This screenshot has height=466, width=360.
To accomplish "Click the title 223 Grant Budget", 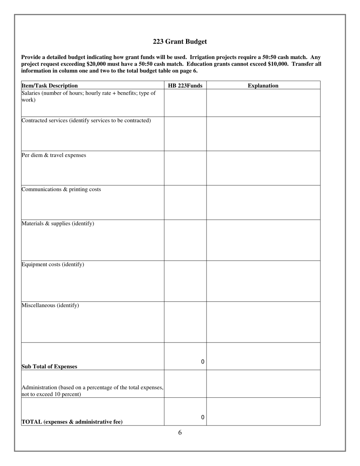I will coord(180,42).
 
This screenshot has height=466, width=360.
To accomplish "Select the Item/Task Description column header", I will coord(50,86).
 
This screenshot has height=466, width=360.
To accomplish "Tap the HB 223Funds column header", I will coord(185,86).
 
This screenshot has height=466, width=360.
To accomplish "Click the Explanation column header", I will coord(263,86).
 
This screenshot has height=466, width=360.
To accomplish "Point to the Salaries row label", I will coord(88,96).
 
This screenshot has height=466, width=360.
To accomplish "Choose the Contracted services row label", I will coord(86,120).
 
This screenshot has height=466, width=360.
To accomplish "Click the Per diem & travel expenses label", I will coord(54,155).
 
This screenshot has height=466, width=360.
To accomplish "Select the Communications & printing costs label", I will coord(61,189).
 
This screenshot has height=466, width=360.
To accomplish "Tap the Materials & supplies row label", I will coord(58,224).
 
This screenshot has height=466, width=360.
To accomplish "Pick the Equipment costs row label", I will coord(53,264).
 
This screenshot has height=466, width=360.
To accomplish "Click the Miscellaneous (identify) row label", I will coord(50,305).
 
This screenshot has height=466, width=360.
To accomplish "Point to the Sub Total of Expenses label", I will coord(49,367).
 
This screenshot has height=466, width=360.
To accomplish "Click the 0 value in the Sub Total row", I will coord(203,362).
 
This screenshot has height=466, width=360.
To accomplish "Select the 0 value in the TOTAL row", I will coord(203,418).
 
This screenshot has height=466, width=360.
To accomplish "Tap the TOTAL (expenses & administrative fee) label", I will coord(72,422).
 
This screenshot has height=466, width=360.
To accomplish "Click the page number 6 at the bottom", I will coord(180,433).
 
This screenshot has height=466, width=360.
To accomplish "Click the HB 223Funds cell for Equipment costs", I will coord(185,281).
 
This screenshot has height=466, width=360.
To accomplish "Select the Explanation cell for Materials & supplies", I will coord(263,240).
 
